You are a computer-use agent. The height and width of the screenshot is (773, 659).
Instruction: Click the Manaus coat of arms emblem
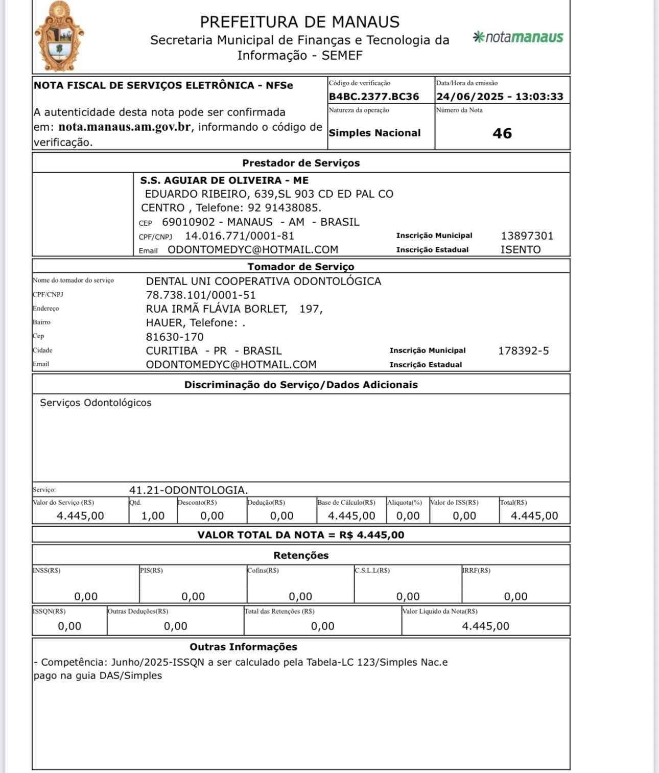tap(59, 37)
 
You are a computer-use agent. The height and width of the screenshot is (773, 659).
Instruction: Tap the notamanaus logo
tap(518, 37)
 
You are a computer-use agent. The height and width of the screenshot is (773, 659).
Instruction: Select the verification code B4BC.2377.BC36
tap(374, 97)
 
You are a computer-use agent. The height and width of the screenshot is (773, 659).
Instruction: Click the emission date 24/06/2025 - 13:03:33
tap(500, 97)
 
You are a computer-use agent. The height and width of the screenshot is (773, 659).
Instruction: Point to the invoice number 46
tap(502, 133)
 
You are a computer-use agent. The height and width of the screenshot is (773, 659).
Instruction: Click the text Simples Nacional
tap(374, 133)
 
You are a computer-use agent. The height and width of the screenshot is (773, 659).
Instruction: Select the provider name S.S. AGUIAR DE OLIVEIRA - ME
tap(224, 180)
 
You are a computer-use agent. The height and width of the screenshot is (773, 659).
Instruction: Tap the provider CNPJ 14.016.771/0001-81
tap(240, 236)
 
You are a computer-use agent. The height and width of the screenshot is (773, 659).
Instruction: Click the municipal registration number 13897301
tap(527, 236)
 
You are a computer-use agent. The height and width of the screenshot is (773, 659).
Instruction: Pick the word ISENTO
tap(521, 250)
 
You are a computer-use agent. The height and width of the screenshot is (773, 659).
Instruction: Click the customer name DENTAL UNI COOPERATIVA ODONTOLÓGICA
tap(264, 282)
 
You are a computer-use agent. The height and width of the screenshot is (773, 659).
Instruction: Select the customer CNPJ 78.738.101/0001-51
tap(201, 295)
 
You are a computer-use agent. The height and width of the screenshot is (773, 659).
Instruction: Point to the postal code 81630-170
tap(175, 337)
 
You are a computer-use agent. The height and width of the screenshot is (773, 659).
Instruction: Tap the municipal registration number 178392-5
tap(523, 351)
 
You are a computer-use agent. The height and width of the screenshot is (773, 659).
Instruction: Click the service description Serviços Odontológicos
tap(96, 403)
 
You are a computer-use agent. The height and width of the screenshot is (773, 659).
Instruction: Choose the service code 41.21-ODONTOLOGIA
tap(189, 490)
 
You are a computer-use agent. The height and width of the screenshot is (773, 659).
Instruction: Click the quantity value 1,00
tap(153, 516)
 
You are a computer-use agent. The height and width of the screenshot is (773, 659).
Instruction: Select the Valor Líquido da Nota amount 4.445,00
tap(485, 626)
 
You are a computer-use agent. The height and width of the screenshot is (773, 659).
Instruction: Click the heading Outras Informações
tap(243, 647)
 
